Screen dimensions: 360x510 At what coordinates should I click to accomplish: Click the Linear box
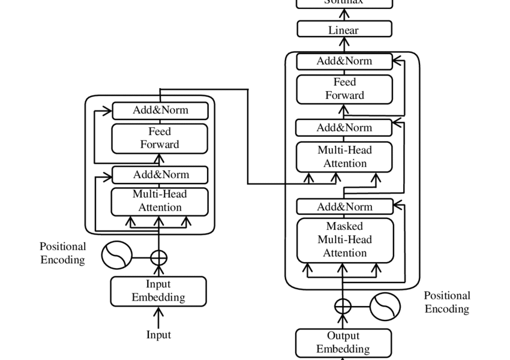click(344, 29)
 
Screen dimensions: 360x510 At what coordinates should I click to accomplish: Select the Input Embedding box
click(158, 291)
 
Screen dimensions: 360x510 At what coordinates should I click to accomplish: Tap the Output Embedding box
click(343, 343)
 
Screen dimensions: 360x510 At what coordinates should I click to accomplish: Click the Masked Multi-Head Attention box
click(345, 240)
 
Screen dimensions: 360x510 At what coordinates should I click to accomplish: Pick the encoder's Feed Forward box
click(160, 138)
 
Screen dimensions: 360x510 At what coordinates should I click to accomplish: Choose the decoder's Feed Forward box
click(344, 89)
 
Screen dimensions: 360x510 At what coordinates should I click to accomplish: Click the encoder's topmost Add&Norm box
click(160, 110)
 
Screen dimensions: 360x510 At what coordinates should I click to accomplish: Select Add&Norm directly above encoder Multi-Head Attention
click(160, 175)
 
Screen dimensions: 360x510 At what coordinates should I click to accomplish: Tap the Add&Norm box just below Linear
click(344, 61)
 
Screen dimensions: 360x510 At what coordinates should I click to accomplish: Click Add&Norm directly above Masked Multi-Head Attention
click(344, 207)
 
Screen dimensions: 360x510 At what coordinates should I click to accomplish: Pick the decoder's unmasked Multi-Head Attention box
click(344, 157)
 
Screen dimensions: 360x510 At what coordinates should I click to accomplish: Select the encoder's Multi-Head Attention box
click(160, 201)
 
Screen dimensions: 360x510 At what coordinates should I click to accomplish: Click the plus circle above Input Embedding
click(158, 258)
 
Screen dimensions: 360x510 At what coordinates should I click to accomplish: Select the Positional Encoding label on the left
click(62, 253)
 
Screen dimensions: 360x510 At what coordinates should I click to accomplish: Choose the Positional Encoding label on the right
click(447, 302)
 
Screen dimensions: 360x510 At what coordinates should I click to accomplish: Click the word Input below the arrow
click(158, 335)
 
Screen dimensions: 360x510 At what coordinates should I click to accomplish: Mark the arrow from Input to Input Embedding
click(158, 316)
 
